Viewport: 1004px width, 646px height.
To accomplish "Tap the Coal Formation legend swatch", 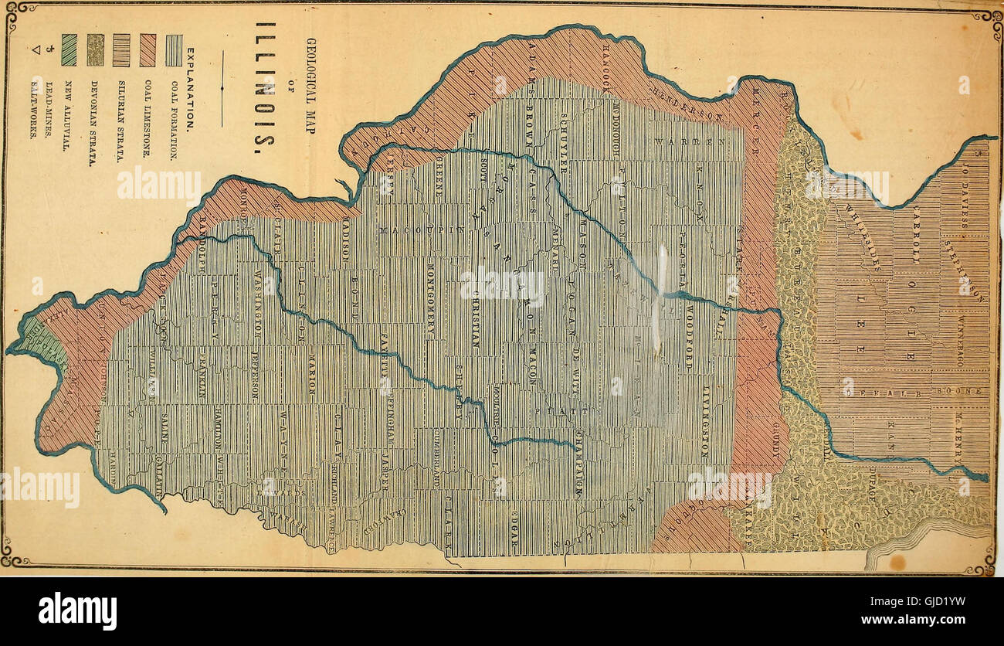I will pyautogui.click(x=175, y=50).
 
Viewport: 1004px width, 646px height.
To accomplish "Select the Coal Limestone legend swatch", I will pyautogui.click(x=148, y=50).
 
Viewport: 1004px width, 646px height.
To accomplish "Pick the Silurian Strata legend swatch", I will pyautogui.click(x=121, y=50).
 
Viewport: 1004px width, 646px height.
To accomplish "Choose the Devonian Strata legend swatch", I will pyautogui.click(x=95, y=50).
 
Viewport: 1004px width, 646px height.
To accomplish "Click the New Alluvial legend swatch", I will pyautogui.click(x=69, y=50).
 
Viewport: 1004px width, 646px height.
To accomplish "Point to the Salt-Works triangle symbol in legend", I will pyautogui.click(x=36, y=51).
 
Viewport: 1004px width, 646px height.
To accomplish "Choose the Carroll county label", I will pyautogui.click(x=917, y=232).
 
